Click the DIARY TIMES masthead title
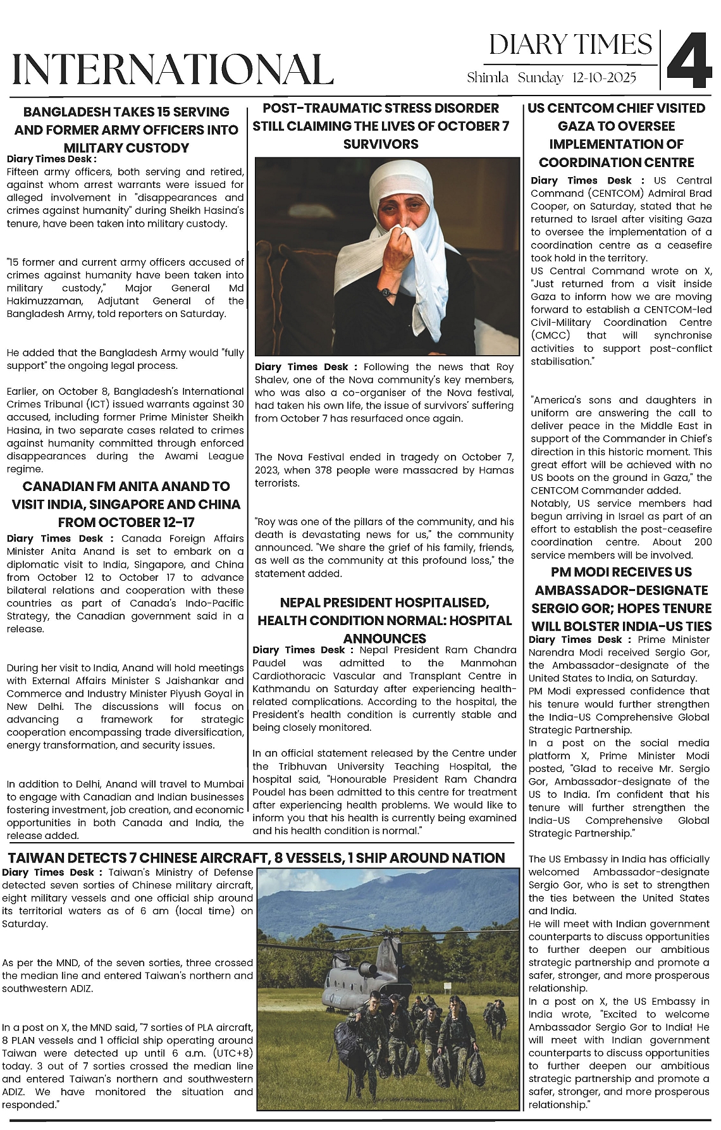570,45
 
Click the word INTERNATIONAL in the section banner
173,70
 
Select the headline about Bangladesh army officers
126,130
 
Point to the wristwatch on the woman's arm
386,293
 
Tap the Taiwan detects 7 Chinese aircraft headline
257,858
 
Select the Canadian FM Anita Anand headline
126,504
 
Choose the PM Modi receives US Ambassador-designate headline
620,599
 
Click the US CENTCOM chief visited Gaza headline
617,135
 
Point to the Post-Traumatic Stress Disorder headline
381,126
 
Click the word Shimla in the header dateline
487,78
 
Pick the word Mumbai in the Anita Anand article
226,784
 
